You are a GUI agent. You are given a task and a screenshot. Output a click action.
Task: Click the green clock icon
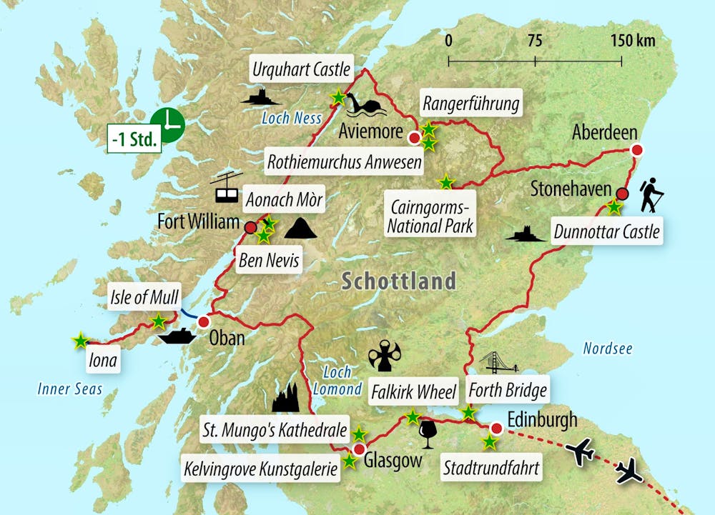[168, 125]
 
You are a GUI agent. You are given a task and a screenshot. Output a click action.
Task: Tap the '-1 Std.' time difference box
[133, 139]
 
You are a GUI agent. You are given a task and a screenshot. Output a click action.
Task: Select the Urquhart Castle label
[301, 70]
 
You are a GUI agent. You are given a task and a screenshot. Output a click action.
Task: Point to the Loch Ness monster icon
[365, 106]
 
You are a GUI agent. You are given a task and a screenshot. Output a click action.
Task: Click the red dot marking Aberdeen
[636, 150]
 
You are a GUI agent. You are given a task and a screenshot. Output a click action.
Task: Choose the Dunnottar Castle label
[606, 231]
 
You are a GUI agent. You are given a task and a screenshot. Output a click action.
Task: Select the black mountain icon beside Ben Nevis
[300, 229]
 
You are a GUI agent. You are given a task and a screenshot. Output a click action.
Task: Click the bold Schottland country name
[398, 281]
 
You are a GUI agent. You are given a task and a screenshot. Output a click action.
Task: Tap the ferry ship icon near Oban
[177, 336]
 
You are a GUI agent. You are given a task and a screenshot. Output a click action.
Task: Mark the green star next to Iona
[80, 341]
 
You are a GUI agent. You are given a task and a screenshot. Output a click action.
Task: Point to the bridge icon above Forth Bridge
[498, 363]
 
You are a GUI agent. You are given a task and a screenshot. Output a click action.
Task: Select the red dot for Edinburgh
[495, 429]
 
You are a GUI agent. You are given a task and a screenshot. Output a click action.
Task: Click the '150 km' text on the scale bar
[633, 40]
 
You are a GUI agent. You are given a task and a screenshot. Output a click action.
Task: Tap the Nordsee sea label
[608, 348]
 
